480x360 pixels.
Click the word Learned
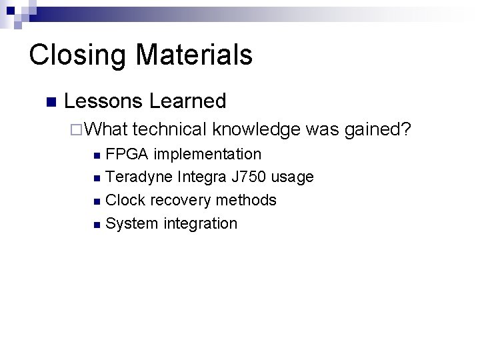click(x=188, y=101)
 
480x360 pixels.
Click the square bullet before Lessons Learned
click(x=50, y=102)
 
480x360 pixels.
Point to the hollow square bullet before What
click(x=75, y=129)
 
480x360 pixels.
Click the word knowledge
click(x=257, y=129)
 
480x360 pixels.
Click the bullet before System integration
click(x=97, y=224)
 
